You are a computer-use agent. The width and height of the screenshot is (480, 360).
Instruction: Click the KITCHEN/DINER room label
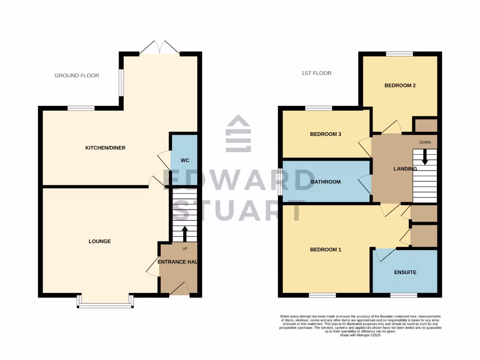click(x=105, y=148)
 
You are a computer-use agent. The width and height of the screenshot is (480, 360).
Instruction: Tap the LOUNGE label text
click(x=100, y=241)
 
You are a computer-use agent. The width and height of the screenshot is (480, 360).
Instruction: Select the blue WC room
click(x=185, y=160)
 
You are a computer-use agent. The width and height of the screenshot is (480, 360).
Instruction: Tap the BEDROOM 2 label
click(x=400, y=86)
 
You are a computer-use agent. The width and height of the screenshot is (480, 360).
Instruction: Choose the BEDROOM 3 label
click(x=325, y=134)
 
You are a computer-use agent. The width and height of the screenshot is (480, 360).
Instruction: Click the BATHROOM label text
click(x=325, y=182)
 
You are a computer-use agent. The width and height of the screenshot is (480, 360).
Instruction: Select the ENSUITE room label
click(x=405, y=272)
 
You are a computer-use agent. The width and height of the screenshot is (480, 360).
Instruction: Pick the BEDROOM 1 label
click(x=325, y=250)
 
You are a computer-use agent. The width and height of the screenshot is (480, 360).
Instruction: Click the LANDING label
click(x=405, y=169)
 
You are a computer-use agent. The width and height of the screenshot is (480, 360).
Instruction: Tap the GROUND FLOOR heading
click(x=77, y=75)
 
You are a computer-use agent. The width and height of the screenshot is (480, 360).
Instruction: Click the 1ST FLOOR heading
click(x=316, y=73)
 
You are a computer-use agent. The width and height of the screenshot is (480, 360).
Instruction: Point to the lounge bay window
click(x=105, y=305)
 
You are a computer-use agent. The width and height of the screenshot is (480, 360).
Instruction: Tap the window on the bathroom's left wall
click(x=280, y=182)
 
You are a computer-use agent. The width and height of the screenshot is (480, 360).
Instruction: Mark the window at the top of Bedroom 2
click(x=399, y=54)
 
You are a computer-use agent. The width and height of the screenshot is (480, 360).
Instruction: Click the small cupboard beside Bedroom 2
click(x=426, y=125)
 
